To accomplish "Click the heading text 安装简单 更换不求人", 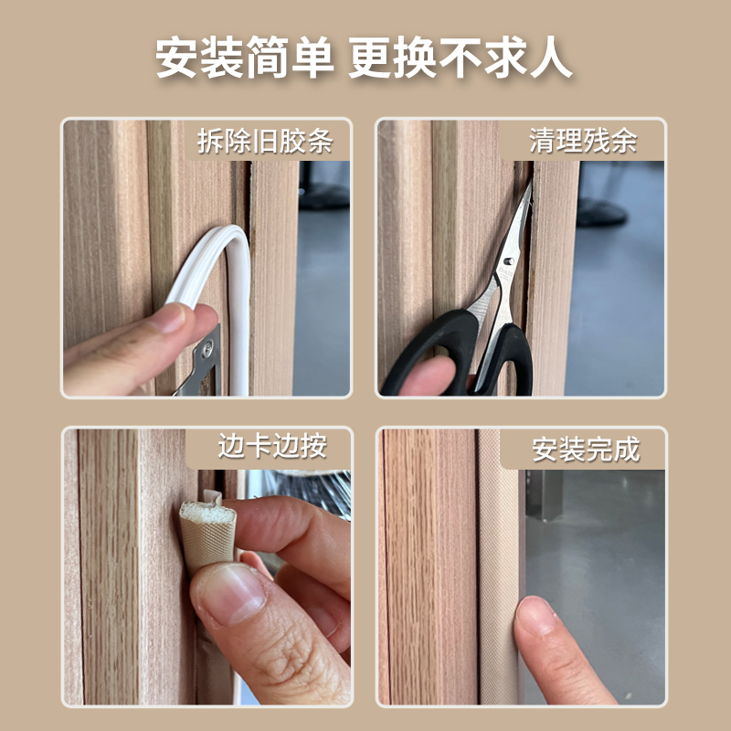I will [x=365, y=58].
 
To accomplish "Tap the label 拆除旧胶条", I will [x=264, y=142].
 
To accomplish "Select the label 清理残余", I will [x=583, y=142].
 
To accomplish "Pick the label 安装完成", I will [x=586, y=450].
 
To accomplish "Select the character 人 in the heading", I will [x=552, y=58].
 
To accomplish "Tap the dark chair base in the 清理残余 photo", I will [x=599, y=210].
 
